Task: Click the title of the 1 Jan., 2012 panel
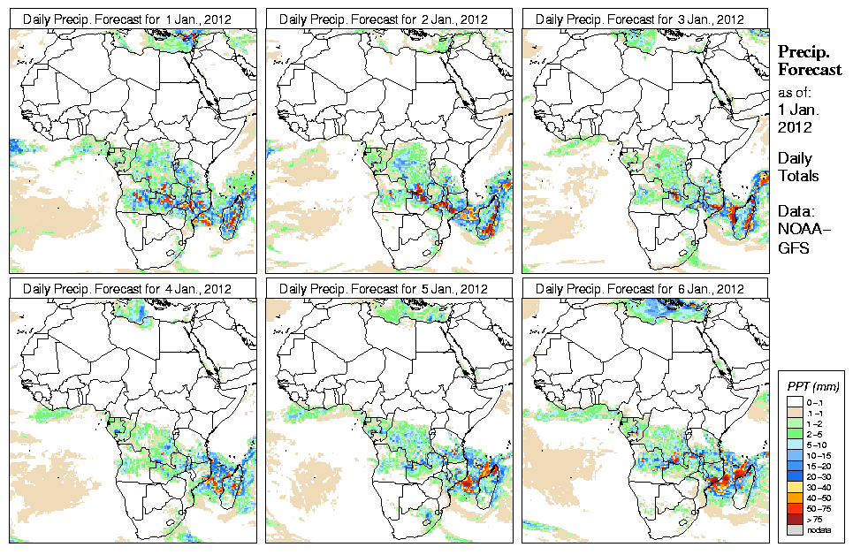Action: click(128, 19)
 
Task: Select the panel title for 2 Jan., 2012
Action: click(385, 19)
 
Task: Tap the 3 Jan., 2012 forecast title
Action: click(641, 19)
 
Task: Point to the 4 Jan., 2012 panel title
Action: click(128, 289)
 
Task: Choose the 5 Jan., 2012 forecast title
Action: click(385, 289)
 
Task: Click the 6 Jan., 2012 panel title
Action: click(641, 289)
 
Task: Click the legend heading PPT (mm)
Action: click(812, 386)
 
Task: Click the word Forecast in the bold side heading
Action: click(810, 71)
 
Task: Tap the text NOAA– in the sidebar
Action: click(799, 231)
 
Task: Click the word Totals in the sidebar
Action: click(798, 177)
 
